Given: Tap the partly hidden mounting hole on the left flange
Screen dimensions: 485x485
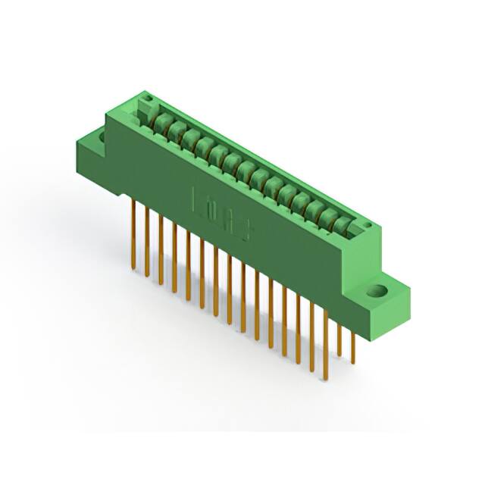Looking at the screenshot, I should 98,137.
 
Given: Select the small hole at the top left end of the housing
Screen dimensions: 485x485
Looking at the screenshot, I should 149,99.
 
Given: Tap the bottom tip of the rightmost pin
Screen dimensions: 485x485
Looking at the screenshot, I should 352,362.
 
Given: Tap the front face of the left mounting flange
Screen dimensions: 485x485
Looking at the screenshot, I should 89,160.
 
